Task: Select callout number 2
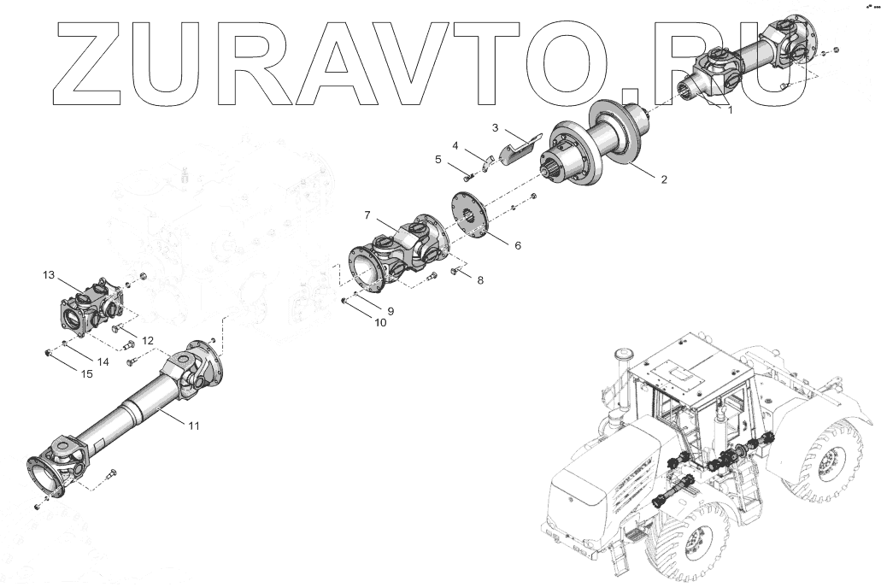pyautogui.click(x=663, y=179)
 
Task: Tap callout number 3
pyautogui.click(x=495, y=127)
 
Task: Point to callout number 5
pyautogui.click(x=438, y=159)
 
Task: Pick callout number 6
pyautogui.click(x=516, y=245)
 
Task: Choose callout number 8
pyautogui.click(x=479, y=279)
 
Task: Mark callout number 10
pyautogui.click(x=380, y=323)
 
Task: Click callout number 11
pyautogui.click(x=194, y=425)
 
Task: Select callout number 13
pyautogui.click(x=48, y=274)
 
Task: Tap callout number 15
pyautogui.click(x=87, y=373)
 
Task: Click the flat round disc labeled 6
pyautogui.click(x=467, y=214)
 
